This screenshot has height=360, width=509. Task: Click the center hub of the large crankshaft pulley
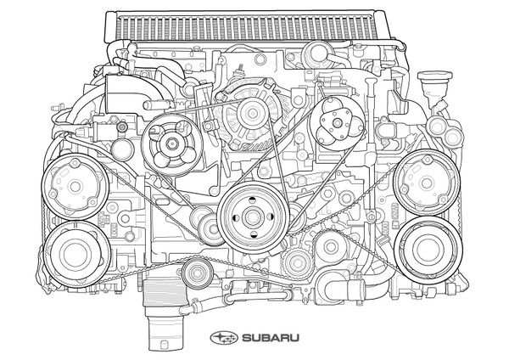pyautogui.click(x=251, y=216)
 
